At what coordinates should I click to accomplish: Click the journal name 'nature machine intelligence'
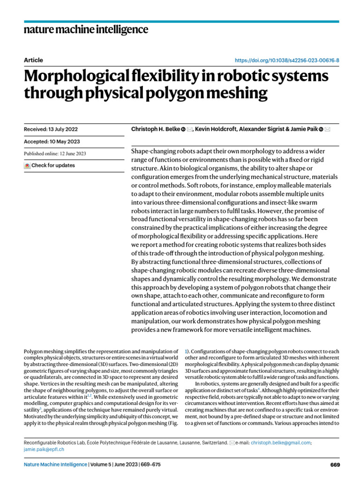(86, 30)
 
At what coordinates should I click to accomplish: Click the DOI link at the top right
(286, 60)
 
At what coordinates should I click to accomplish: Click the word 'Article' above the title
(33, 60)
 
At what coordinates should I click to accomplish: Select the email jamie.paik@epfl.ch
(44, 449)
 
